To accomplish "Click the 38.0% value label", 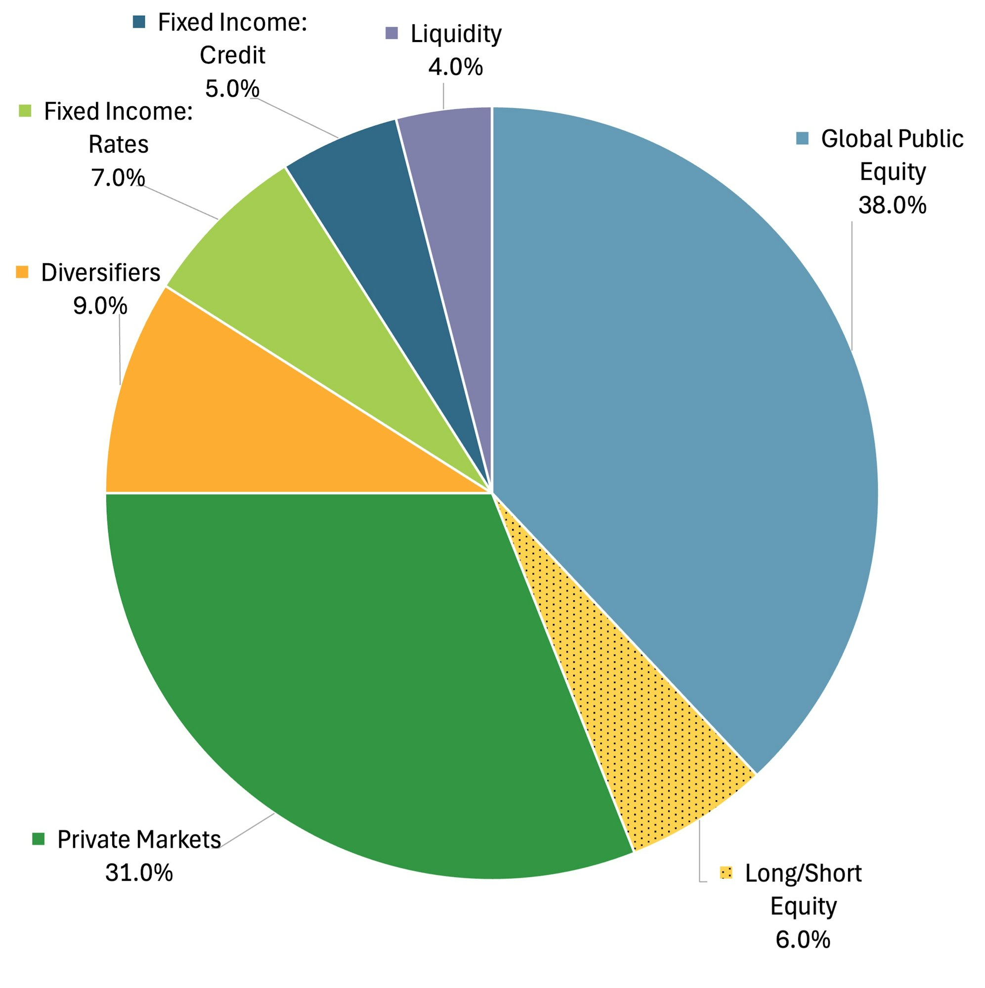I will coord(892,206).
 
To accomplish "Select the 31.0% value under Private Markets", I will coord(139,872).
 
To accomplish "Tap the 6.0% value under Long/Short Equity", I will coord(803,940).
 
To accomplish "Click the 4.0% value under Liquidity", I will coord(455,68).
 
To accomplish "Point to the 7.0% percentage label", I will coord(118,178).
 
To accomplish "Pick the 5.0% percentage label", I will coord(232,89).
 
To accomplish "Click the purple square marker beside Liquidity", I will coord(391,33).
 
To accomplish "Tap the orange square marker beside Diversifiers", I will coord(22,272).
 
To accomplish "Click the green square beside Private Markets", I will coord(39,839).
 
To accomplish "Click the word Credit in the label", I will coord(232,55).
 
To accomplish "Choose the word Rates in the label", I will coord(118,145).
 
